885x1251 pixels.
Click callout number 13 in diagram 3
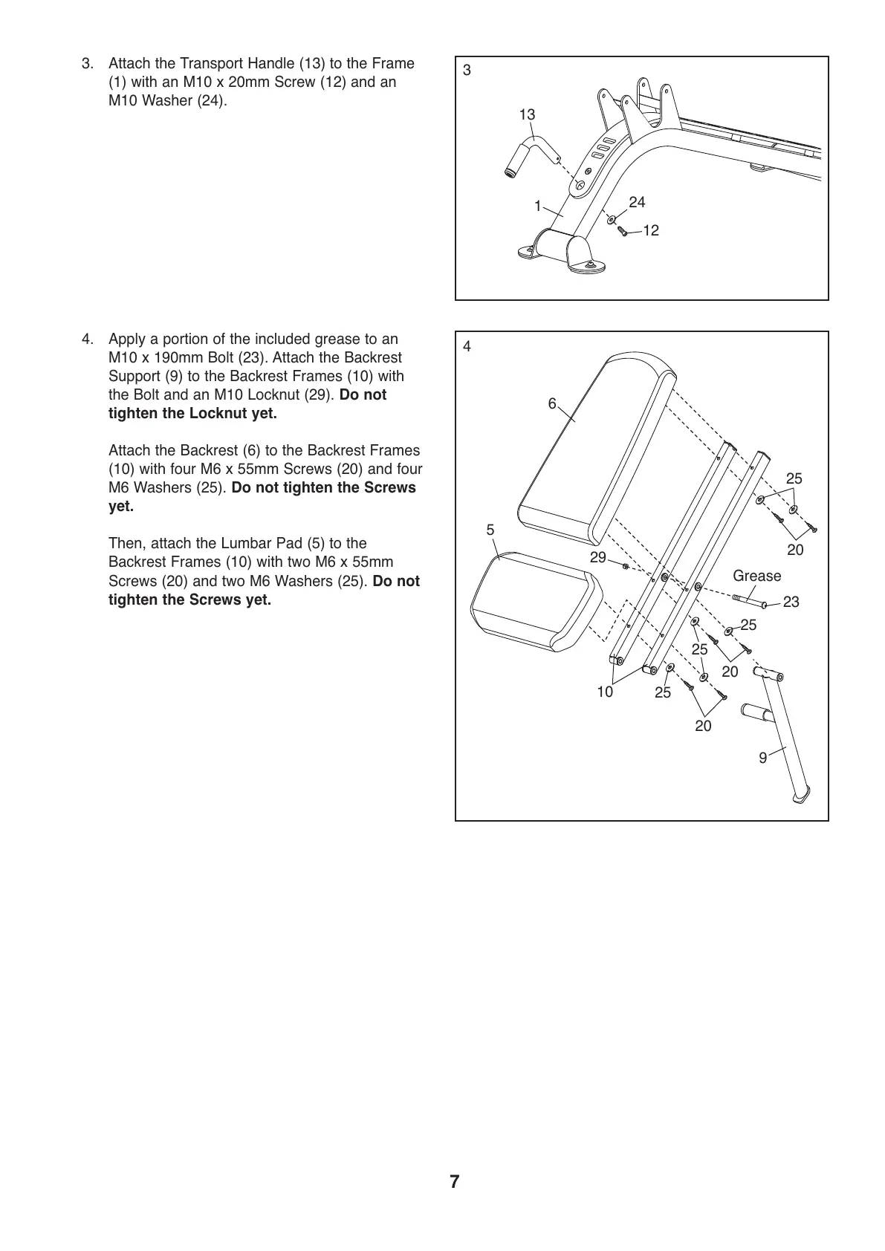point(527,114)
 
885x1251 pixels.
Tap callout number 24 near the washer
point(637,202)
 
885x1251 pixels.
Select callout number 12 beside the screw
point(651,231)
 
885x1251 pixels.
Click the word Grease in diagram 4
point(756,576)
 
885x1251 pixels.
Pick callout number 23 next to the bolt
point(791,602)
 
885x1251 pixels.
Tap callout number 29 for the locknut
point(597,557)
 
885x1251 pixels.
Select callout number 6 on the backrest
point(552,403)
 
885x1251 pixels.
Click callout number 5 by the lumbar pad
point(490,530)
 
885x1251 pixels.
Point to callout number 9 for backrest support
point(762,758)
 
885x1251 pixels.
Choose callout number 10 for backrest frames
point(605,692)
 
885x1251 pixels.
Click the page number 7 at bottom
point(454,1182)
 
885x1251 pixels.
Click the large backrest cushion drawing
point(594,446)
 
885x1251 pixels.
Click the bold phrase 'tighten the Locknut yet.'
point(192,413)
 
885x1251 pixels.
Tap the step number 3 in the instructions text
point(88,64)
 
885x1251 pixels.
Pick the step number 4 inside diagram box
point(467,346)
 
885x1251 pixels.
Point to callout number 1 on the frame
point(537,207)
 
